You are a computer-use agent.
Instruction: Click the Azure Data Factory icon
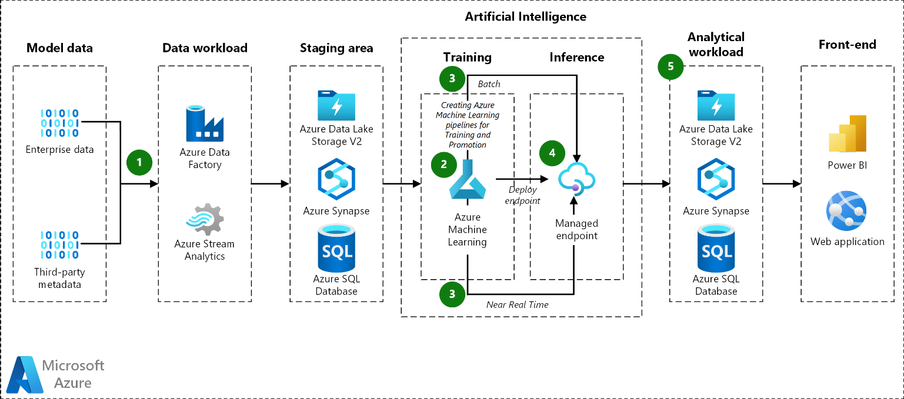pyautogui.click(x=205, y=124)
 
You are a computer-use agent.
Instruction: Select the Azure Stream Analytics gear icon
pyautogui.click(x=205, y=219)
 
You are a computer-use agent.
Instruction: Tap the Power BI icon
pyautogui.click(x=848, y=134)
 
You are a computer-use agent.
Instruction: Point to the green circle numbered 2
pyautogui.click(x=443, y=165)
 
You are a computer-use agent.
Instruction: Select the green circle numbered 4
pyautogui.click(x=552, y=153)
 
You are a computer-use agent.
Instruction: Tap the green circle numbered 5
pyautogui.click(x=671, y=66)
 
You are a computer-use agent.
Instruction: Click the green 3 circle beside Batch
pyautogui.click(x=452, y=78)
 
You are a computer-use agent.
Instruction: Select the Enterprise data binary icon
pyautogui.click(x=60, y=123)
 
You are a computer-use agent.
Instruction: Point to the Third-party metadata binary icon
pyautogui.click(x=60, y=245)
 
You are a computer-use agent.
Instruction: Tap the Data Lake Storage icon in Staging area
pyautogui.click(x=336, y=106)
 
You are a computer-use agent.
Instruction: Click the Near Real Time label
pyautogui.click(x=517, y=304)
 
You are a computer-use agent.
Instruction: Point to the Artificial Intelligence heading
pyautogui.click(x=525, y=16)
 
